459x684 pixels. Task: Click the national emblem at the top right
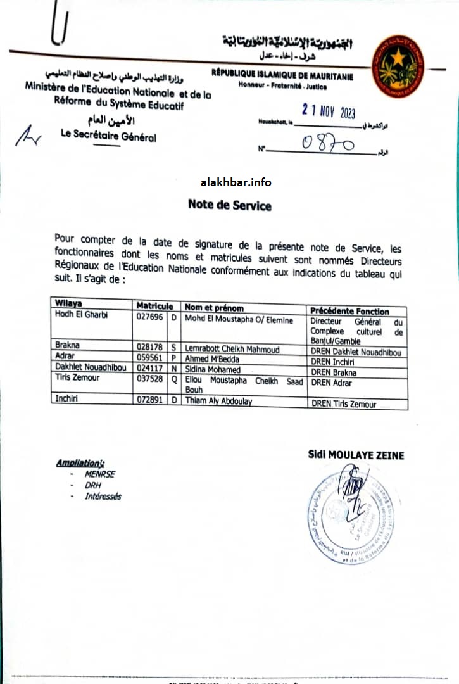[398, 66]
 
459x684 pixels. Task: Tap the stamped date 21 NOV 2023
[329, 111]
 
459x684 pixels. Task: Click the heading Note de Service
[229, 205]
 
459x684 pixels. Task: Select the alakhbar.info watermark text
[236, 182]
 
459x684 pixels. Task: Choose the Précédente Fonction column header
[349, 310]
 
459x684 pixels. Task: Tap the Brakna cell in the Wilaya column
[68, 346]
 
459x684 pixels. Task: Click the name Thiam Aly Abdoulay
[219, 401]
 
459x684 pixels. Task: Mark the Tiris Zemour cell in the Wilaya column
[77, 378]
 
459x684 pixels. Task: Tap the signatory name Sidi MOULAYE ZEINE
[356, 455]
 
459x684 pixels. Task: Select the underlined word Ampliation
[80, 463]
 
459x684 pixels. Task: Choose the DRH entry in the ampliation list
[93, 485]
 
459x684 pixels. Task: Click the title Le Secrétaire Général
[108, 136]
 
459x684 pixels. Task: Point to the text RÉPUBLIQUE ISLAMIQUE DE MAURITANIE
[282, 77]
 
